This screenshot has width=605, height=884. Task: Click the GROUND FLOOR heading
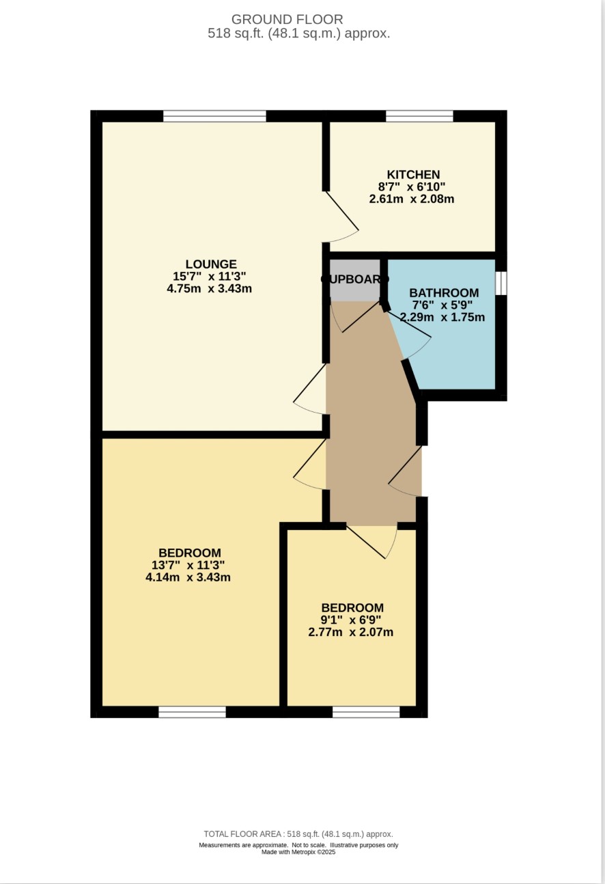point(287,19)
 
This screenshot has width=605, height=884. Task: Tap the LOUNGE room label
point(211,264)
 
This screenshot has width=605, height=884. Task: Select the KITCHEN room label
point(413,174)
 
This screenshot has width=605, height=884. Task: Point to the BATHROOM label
point(444,293)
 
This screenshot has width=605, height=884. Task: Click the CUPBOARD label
point(355,279)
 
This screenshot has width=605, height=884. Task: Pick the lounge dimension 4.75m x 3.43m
point(209,288)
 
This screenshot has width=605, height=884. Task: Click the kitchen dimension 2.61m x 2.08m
point(411,199)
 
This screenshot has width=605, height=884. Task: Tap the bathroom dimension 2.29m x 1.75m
point(442,317)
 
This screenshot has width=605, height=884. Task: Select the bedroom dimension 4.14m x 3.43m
point(188,577)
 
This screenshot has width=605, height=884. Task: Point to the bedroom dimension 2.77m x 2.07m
point(350,632)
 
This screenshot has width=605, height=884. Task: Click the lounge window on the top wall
point(214,116)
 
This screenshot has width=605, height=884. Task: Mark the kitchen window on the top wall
point(419,116)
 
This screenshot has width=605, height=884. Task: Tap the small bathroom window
point(501,283)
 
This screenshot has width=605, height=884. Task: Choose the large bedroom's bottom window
point(192,712)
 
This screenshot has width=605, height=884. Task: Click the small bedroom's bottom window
point(366,712)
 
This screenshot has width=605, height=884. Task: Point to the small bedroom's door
point(371,542)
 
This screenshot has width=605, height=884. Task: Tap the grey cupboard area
point(354,280)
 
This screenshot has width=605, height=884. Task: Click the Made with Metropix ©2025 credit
point(298,852)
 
